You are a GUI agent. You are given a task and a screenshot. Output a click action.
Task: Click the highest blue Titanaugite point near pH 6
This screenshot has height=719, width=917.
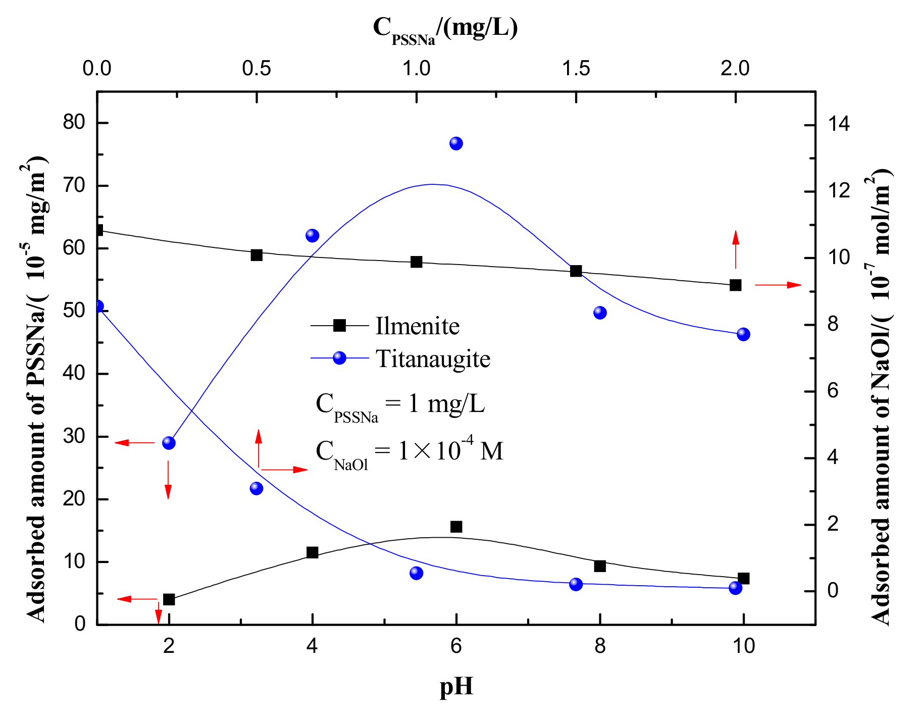click(x=456, y=144)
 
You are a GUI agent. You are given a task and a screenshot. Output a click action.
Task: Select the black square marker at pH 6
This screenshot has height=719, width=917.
click(x=456, y=527)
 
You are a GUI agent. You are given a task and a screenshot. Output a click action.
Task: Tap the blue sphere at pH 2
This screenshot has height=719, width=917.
click(x=169, y=443)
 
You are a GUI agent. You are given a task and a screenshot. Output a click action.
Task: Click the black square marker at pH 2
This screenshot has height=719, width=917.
click(x=169, y=599)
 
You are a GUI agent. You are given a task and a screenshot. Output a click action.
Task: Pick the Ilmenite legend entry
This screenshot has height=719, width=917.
click(x=417, y=326)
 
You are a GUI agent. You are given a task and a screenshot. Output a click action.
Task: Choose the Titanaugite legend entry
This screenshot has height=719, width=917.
click(x=433, y=359)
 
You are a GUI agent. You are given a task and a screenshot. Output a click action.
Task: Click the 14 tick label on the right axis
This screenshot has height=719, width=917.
click(x=838, y=125)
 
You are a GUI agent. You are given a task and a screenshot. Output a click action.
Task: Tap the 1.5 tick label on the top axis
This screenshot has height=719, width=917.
click(x=576, y=68)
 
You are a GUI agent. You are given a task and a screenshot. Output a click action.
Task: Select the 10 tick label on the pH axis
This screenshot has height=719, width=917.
click(x=743, y=646)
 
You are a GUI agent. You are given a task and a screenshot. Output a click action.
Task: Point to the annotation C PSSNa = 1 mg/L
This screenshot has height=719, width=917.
click(x=400, y=405)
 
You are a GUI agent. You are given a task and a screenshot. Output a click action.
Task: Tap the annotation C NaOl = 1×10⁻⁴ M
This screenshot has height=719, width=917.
click(x=409, y=451)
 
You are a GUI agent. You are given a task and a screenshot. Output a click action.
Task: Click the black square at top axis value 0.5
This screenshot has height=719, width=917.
click(x=257, y=255)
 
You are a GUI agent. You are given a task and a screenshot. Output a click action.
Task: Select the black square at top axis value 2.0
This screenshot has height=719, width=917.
click(x=735, y=285)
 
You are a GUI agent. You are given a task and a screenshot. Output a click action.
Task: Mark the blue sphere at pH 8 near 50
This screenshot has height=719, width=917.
click(x=600, y=313)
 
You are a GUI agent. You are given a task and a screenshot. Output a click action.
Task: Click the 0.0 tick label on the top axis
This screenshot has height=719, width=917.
click(x=97, y=68)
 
